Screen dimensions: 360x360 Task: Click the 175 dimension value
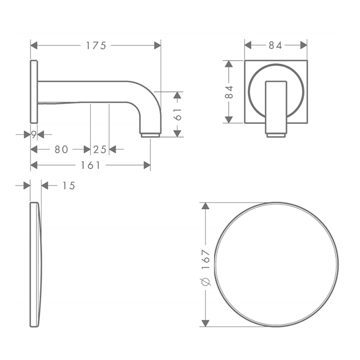tap(96, 46)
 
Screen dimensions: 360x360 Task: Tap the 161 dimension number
tap(91, 165)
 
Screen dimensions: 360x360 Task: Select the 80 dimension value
tap(61, 150)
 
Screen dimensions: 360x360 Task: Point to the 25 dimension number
tap(100, 150)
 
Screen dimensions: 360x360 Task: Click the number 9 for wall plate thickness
tap(34, 135)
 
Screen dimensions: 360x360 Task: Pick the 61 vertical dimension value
tap(178, 114)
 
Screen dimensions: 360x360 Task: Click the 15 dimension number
tap(68, 186)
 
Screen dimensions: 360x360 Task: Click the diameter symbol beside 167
tap(206, 282)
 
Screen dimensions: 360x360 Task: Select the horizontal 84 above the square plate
tap(275, 45)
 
